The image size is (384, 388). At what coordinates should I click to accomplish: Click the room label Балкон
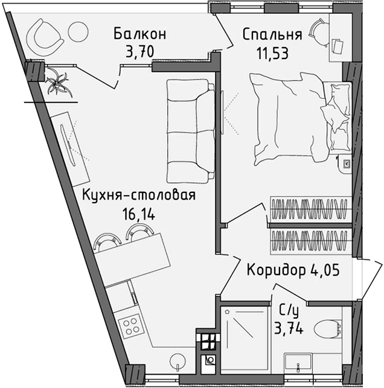coord(139,33)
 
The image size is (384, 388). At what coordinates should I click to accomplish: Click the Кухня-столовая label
coord(139,195)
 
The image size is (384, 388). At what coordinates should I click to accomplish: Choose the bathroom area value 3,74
coord(289,329)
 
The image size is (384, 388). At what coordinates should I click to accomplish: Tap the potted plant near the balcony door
coord(59,81)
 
